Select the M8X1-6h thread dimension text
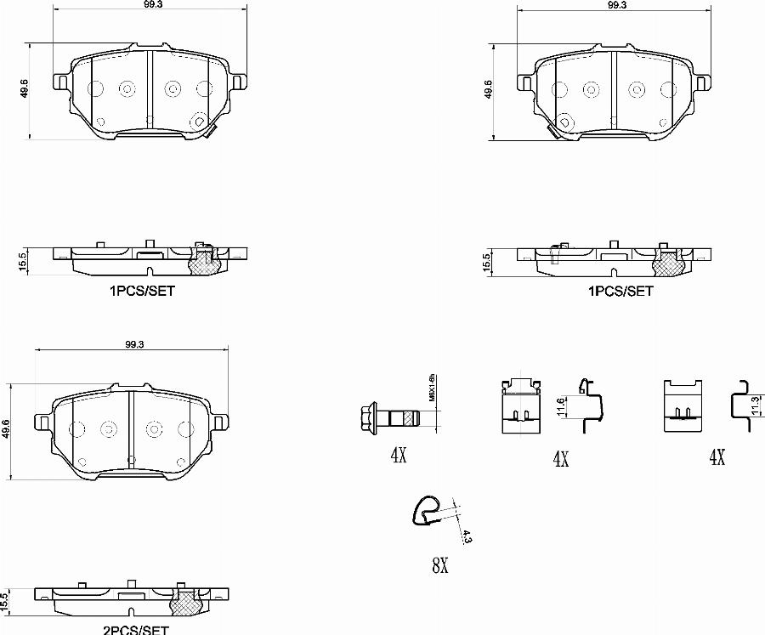tap(431, 388)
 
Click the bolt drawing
tap(389, 417)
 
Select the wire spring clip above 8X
tap(428, 508)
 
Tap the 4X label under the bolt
tap(398, 455)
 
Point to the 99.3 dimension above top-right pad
tap(617, 6)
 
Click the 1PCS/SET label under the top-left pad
tap(142, 290)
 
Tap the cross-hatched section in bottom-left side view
tap(185, 604)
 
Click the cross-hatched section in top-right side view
tap(668, 264)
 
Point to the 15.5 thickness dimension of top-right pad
tap(485, 262)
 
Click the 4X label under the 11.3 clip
tap(716, 458)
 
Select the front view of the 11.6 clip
tap(519, 405)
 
